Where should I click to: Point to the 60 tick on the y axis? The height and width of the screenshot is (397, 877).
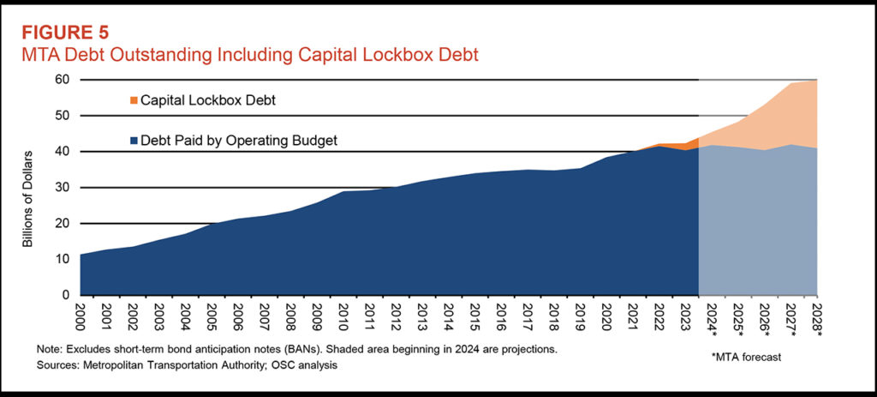(x=63, y=80)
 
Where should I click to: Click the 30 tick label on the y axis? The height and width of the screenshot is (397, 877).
(x=63, y=188)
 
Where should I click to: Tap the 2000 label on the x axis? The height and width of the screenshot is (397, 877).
(x=81, y=319)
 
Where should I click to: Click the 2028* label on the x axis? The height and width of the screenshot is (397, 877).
(x=817, y=321)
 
